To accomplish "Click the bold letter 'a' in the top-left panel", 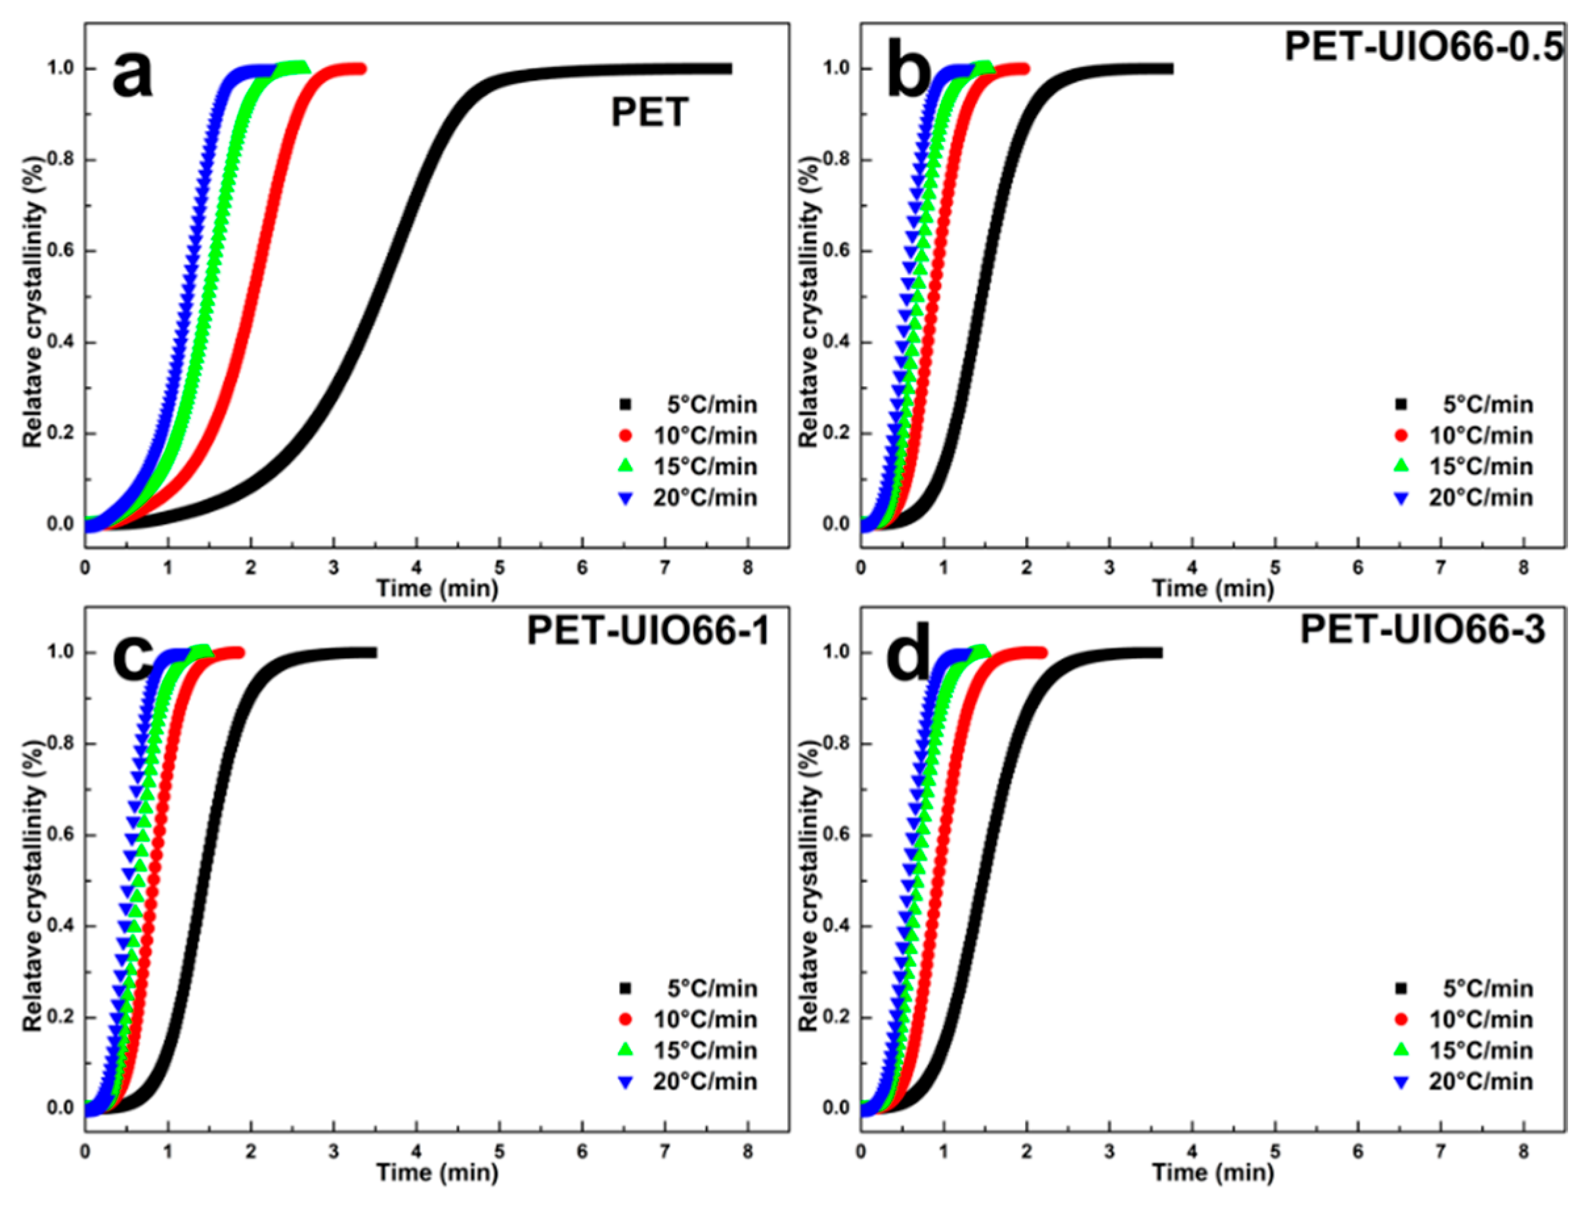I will tap(133, 76).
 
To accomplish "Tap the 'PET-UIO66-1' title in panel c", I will tap(648, 630).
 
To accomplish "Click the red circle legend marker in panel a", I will tap(625, 436).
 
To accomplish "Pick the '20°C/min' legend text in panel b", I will tap(1481, 498).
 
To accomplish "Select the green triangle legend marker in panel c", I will tap(625, 1050).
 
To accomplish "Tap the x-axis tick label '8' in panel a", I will tap(748, 567).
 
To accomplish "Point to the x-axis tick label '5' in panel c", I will tap(500, 1152).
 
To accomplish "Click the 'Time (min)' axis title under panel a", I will tap(437, 588).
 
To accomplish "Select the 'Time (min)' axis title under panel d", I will tap(1213, 1173).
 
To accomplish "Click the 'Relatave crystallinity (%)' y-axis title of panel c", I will tap(33, 886).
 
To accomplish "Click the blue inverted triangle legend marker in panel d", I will tap(1401, 1082).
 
